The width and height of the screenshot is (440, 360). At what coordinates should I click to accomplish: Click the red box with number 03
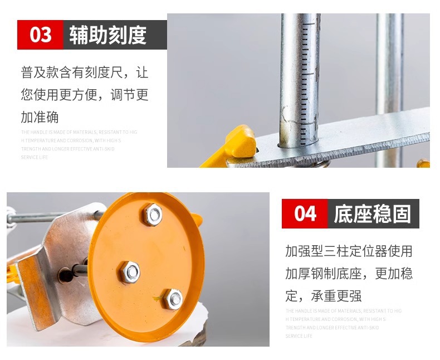40,35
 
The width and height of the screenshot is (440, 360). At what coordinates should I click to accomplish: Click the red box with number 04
305,213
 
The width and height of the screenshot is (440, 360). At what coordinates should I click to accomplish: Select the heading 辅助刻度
108,35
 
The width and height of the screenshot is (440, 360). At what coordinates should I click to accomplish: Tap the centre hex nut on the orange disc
131,272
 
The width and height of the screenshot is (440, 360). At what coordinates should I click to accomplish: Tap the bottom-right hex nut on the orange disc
173,299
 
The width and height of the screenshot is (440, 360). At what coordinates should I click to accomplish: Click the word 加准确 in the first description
40,117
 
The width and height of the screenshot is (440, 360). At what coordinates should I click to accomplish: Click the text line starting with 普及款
85,72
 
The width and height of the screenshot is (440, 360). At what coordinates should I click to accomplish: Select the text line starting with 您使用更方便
85,95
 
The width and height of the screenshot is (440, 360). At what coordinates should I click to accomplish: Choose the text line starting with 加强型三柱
349,251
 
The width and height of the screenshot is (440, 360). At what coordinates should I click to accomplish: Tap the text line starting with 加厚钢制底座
349,273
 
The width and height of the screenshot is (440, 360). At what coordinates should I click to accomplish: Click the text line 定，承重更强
323,295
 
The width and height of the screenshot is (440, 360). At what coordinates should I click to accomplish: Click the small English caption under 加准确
79,145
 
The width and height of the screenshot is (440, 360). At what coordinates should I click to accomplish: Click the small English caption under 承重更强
343,323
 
